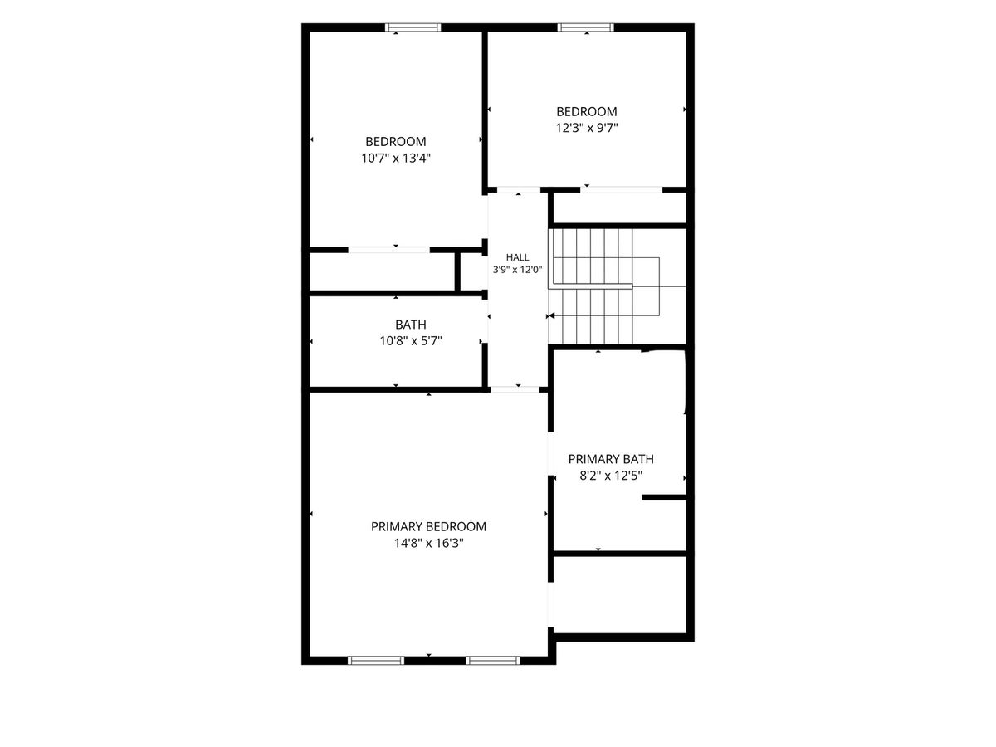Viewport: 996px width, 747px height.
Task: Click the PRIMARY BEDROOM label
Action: point(428,526)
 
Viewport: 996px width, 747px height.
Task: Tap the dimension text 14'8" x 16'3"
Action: point(428,543)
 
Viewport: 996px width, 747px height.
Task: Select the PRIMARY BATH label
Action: point(611,459)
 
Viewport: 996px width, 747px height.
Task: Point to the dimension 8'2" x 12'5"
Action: point(611,476)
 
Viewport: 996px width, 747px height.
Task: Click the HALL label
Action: point(517,257)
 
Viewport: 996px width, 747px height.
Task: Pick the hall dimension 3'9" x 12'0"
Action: point(517,270)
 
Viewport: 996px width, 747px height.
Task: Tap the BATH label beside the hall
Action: point(411,325)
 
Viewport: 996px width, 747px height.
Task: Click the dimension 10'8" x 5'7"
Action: point(411,340)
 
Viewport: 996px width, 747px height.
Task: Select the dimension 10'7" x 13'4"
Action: point(396,158)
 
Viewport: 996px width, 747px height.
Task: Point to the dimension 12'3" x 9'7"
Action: point(587,128)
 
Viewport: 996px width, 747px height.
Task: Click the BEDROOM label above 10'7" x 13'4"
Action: point(396,141)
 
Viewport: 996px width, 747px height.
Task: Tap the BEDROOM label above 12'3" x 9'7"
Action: point(587,111)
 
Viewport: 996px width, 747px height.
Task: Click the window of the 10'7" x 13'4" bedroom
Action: point(413,27)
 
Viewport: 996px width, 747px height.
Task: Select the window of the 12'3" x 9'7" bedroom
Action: point(585,27)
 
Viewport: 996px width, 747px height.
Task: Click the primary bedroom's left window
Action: point(376,661)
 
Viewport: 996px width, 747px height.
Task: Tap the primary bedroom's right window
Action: point(493,661)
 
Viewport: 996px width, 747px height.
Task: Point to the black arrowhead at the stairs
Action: point(551,315)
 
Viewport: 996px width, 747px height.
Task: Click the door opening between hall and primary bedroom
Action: point(515,389)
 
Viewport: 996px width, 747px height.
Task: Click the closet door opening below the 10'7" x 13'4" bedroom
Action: point(389,250)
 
